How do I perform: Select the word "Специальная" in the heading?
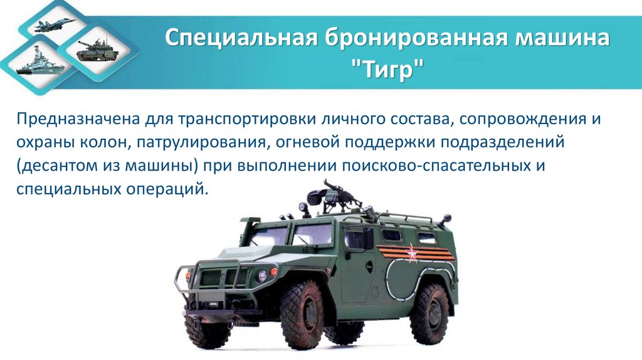tap(240, 39)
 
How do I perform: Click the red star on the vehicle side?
tap(412, 253)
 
